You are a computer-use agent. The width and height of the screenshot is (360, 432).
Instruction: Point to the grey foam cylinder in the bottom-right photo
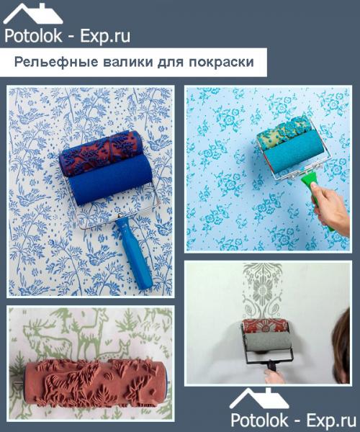pyautogui.click(x=266, y=338)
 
